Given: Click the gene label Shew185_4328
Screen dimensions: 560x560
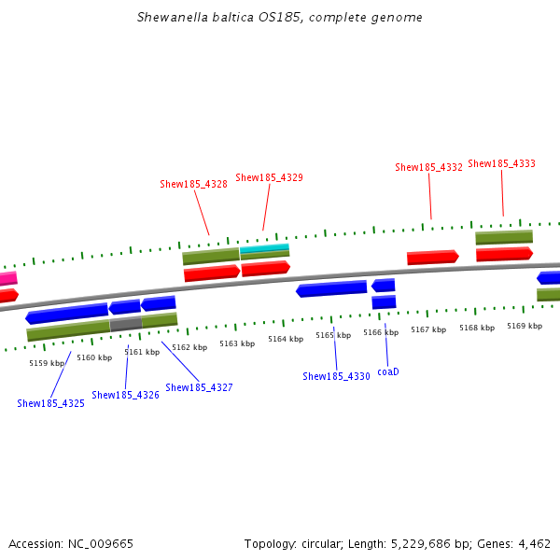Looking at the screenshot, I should tap(193, 184).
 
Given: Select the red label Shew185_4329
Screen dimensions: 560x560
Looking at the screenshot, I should tap(269, 177).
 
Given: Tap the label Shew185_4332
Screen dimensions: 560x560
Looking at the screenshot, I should tap(428, 167).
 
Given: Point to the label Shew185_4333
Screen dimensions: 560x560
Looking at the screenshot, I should tap(501, 163).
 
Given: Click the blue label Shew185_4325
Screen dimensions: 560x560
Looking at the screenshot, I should tap(50, 403).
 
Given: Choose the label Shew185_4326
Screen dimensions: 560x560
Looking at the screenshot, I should tap(125, 395).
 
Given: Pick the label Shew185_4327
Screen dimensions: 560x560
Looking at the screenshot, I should tap(199, 386).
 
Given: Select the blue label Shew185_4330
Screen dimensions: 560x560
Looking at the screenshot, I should tap(336, 376).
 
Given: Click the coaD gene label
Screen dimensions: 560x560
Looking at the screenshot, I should tap(387, 371).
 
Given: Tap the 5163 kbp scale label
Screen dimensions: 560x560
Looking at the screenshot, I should tap(237, 343).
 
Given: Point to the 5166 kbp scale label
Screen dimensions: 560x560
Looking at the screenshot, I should tap(381, 332).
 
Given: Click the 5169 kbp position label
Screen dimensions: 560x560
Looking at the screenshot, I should tap(525, 326).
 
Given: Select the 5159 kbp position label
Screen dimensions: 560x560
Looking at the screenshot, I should tap(47, 363).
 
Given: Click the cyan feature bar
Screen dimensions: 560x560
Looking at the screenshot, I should tap(264, 248).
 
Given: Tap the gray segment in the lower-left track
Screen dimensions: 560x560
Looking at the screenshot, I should tap(126, 324).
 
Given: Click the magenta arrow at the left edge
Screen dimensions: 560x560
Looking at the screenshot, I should tap(7, 278).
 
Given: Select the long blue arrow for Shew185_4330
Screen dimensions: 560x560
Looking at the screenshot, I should tap(331, 289).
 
